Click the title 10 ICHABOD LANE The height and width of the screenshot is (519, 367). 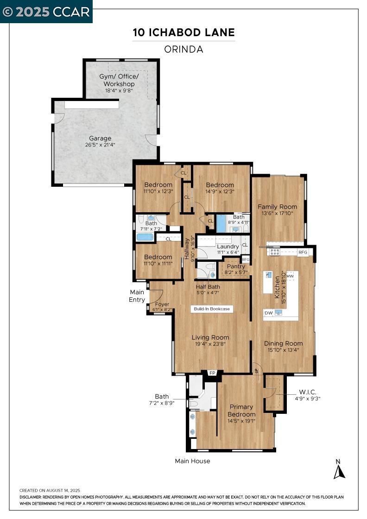(183, 32)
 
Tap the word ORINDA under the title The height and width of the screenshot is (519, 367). (183, 49)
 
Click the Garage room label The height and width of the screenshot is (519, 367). (100, 139)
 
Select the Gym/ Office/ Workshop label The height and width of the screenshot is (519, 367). (119, 80)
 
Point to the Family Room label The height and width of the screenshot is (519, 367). (277, 207)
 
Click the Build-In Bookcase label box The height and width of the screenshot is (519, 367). (212, 309)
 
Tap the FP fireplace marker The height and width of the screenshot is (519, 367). (212, 373)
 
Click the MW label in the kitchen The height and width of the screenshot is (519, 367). (290, 276)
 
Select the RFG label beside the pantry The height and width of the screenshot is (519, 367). (246, 259)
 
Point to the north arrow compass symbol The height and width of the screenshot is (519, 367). (339, 470)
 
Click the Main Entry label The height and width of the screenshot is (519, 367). (137, 296)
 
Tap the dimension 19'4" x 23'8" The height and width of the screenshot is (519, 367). (210, 344)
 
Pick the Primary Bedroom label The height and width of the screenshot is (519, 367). (241, 411)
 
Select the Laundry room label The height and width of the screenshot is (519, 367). (228, 247)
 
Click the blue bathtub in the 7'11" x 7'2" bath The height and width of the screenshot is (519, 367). (145, 237)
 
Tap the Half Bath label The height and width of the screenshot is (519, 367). (208, 287)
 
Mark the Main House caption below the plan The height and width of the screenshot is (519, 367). (193, 461)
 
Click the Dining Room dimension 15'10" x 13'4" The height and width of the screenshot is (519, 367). (283, 350)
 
